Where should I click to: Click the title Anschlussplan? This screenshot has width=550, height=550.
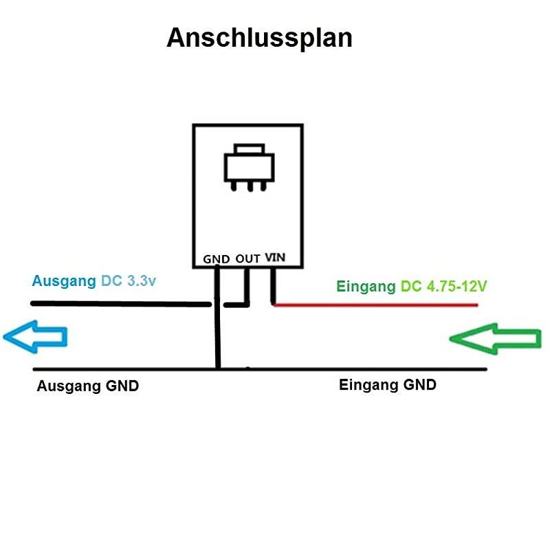tap(259, 38)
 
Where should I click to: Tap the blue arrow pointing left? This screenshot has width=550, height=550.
tap(35, 337)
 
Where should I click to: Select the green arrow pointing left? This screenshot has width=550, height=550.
tap(495, 338)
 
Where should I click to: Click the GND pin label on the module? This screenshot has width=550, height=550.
tap(216, 259)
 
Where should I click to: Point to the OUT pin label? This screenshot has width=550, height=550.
tap(247, 259)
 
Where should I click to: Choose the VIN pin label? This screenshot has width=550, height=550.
tap(275, 257)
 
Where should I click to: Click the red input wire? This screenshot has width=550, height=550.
tap(375, 305)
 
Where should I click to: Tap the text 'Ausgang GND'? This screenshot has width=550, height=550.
tap(88, 386)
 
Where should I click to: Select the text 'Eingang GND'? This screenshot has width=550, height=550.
tap(388, 385)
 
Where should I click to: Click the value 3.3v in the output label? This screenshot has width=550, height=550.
tap(142, 281)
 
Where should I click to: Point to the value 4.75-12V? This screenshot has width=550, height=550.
tap(456, 287)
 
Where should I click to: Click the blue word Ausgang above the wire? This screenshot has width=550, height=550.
tap(64, 281)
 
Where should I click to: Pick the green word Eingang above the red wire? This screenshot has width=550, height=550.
tap(366, 287)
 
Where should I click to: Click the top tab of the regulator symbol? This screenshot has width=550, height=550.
tap(249, 148)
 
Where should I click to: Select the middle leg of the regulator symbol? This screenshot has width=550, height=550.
tap(250, 186)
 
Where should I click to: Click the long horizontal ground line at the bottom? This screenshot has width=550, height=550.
tap(260, 369)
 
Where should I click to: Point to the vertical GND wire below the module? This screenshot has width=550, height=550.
tap(217, 318)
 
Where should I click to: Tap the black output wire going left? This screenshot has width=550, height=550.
tap(121, 304)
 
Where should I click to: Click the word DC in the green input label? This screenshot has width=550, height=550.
tap(410, 287)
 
